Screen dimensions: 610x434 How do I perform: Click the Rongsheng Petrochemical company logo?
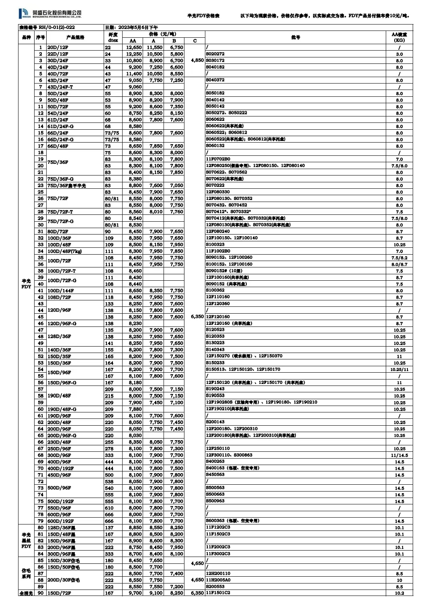(50, 14)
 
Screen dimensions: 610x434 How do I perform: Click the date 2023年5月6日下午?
(131, 28)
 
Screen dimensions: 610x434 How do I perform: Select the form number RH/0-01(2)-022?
(47, 28)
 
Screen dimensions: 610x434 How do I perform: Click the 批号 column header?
(295, 37)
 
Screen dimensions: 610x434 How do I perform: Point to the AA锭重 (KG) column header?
(399, 37)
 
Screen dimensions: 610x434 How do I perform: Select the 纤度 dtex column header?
(113, 37)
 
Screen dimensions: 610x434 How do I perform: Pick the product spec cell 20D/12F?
(58, 47)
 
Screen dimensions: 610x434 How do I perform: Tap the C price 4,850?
(197, 60)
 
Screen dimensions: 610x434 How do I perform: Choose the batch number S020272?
(215, 54)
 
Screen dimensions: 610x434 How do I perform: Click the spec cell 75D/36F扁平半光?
(67, 186)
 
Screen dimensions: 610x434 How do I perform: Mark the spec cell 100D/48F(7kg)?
(65, 251)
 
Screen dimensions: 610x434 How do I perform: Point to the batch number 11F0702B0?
(218, 159)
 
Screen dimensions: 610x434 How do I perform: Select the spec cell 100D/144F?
(61, 291)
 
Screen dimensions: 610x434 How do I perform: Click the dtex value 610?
(109, 508)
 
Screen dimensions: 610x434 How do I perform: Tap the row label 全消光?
(26, 593)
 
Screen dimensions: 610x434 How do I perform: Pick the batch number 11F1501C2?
(218, 593)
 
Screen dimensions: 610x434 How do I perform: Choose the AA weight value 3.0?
(399, 54)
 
